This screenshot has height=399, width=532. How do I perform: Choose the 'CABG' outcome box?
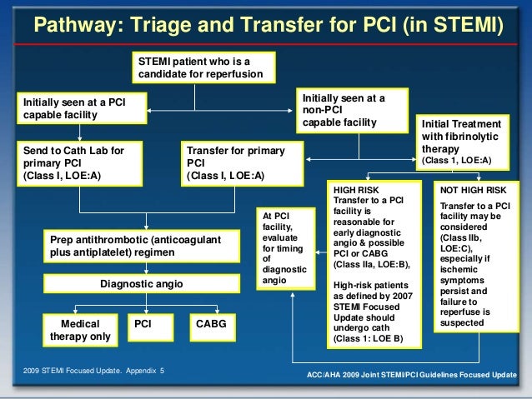coord(211,323)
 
